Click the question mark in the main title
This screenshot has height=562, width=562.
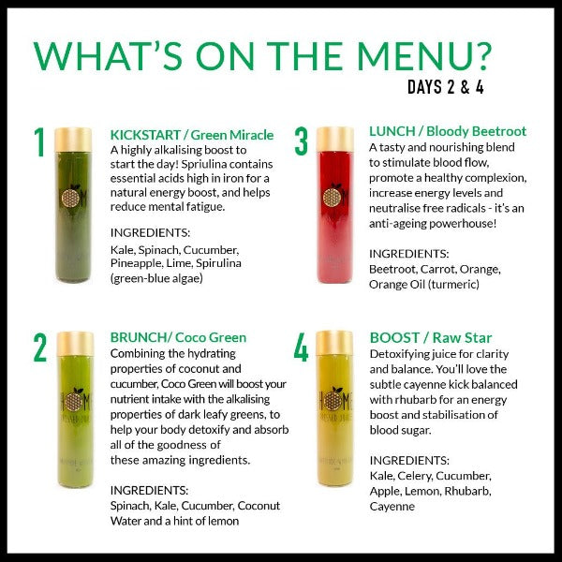480,56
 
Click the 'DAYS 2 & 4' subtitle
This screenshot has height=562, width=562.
446,87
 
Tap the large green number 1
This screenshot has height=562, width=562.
39,142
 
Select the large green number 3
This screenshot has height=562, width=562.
301,141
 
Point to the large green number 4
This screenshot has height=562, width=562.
301,348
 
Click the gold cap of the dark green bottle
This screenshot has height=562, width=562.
73,140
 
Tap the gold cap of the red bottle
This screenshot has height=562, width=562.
335,139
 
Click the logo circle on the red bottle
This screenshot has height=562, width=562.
332,197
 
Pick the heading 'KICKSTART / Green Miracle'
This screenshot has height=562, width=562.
192,135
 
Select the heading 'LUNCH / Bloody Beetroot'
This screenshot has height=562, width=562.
448,131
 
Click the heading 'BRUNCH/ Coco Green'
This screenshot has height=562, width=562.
178,337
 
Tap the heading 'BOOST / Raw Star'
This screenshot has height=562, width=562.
431,338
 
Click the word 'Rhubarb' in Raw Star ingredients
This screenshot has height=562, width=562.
467,491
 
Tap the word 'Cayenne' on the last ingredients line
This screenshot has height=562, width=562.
392,507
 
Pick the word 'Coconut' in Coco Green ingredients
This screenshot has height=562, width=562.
259,506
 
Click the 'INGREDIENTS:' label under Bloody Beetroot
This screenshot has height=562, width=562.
409,254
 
